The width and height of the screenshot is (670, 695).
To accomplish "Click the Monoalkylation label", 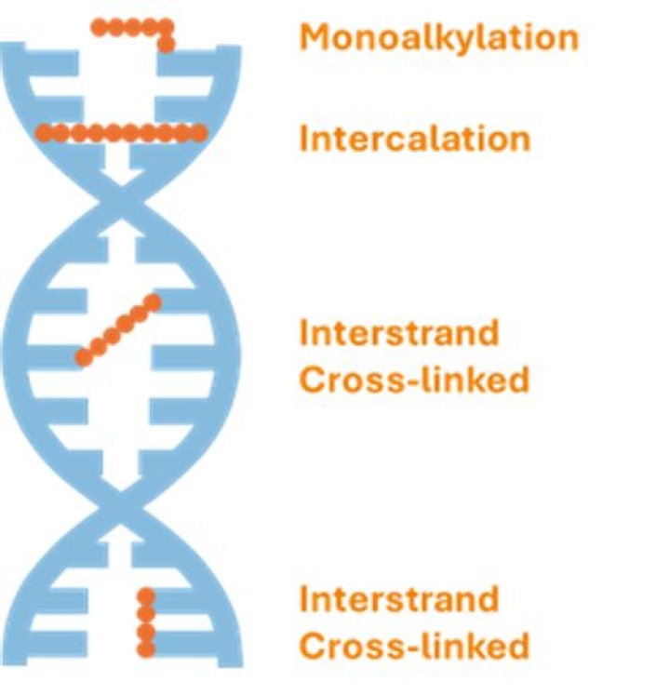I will [x=438, y=37].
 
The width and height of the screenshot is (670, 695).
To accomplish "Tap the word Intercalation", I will [x=415, y=139].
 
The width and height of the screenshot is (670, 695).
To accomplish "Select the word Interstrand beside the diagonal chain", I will [x=398, y=332].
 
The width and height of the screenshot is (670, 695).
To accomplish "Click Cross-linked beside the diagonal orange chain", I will [x=414, y=380].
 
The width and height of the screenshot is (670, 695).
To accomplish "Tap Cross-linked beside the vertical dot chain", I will [x=414, y=646].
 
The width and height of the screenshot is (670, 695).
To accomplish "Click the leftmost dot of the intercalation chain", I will [x=42, y=133].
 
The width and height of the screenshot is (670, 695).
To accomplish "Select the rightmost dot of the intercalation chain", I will [x=198, y=133].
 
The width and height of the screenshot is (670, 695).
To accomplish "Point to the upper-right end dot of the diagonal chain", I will [x=154, y=301].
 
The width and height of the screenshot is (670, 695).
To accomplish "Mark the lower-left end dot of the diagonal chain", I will [x=84, y=356].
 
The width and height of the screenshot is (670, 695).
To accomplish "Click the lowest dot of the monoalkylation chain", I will [x=167, y=44].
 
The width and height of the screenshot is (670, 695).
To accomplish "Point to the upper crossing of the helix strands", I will [x=117, y=197].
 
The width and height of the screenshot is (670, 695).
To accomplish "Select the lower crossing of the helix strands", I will [x=117, y=506].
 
